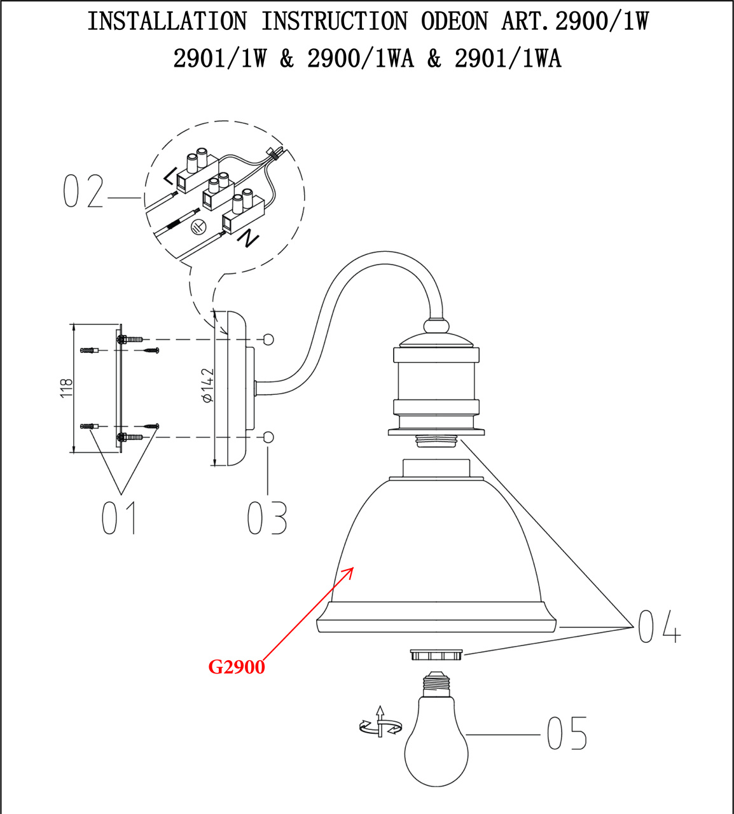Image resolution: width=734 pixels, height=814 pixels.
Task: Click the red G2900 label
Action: click(x=237, y=667)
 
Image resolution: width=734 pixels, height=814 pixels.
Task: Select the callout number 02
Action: click(x=83, y=191)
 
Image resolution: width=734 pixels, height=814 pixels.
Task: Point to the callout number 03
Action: click(x=267, y=518)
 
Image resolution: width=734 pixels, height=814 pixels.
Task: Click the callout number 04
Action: click(x=659, y=626)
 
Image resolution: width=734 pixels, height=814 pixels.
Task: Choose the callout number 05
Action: click(x=567, y=734)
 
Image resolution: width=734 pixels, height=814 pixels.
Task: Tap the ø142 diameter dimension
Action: click(x=207, y=385)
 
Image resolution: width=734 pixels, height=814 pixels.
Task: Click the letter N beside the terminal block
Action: click(x=249, y=238)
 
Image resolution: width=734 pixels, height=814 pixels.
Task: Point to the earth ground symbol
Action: click(x=198, y=225)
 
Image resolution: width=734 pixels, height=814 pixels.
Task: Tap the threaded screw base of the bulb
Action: click(x=436, y=684)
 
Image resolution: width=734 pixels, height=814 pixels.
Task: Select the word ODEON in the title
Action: click(x=454, y=22)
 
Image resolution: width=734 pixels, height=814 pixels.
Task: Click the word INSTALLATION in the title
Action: click(x=167, y=22)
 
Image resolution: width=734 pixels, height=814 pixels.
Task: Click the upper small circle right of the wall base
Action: click(x=268, y=339)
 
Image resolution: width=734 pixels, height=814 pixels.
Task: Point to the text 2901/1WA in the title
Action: click(x=508, y=59)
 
